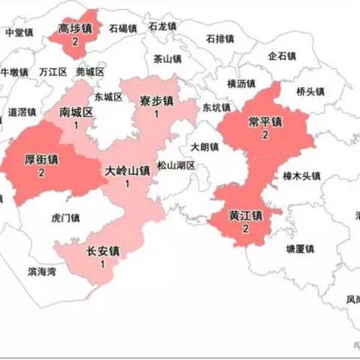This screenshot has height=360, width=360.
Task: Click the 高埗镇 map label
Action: pos(76,29)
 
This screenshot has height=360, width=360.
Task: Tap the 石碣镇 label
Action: pos(123,28)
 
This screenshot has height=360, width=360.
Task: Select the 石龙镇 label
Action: pos(163,25)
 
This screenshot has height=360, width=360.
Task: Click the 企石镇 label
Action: pos(283,55)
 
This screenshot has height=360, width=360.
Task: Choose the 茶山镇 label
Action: pos(167,58)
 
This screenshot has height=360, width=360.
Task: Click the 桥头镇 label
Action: pos(310,91)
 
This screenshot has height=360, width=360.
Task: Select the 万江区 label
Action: pos(53,72)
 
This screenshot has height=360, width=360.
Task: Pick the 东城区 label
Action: pos(108,97)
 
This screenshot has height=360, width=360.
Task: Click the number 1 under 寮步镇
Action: pos(157,114)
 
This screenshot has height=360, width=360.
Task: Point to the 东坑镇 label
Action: pos(216,107)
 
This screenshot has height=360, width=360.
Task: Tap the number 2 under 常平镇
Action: pos(265,135)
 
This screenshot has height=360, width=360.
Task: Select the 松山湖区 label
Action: pos(176,165)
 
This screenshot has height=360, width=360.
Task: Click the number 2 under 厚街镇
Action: pos(41,172)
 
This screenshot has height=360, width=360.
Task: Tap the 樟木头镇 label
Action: pos(301,175)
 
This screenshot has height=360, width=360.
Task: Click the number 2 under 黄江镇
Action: pos(246,229)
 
